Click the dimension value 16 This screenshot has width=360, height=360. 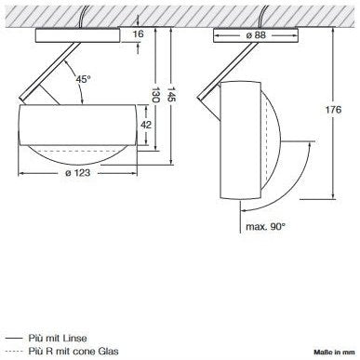point(138,33)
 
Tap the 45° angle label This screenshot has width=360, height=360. point(84,79)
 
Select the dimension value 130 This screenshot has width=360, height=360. point(155,95)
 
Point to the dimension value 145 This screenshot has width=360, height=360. point(171,95)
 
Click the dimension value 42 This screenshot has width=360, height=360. point(146,125)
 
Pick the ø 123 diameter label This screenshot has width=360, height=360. point(77,172)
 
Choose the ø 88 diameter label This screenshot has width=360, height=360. point(256,35)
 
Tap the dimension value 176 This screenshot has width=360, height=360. point(333,110)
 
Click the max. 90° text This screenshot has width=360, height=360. point(265,226)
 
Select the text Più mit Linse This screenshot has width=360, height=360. point(58,338)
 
